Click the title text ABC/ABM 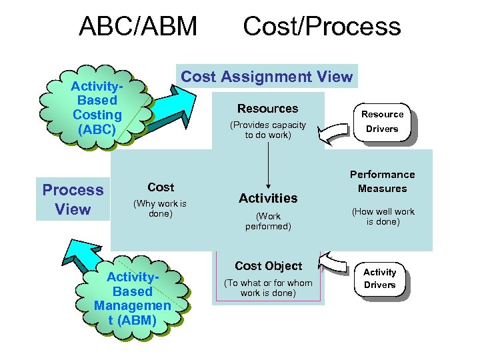coord(138,27)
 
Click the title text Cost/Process coord(321,27)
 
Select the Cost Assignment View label coord(267,77)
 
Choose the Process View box coord(73,199)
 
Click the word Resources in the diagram coord(268,109)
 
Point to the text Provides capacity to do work coord(268,130)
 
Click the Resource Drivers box coord(383,122)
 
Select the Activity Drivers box coord(380,279)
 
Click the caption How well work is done coord(383,217)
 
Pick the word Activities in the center coord(268,198)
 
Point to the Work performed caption coord(268,221)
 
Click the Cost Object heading coord(268,266)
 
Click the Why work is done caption coord(160,209)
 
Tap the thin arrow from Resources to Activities coord(268,163)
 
